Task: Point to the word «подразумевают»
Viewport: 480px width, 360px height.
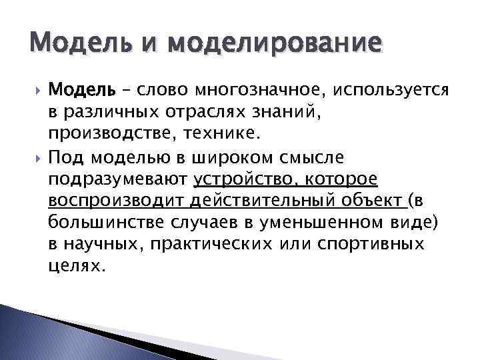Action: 119,180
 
